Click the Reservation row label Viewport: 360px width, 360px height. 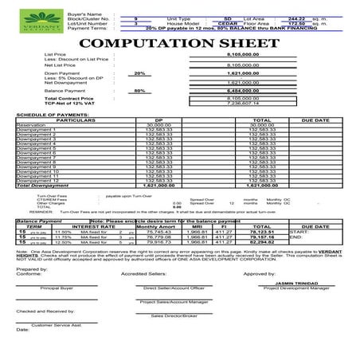30,125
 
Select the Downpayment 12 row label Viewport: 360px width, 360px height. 37,181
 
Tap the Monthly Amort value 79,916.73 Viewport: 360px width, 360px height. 160,242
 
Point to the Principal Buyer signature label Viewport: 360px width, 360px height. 58,288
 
